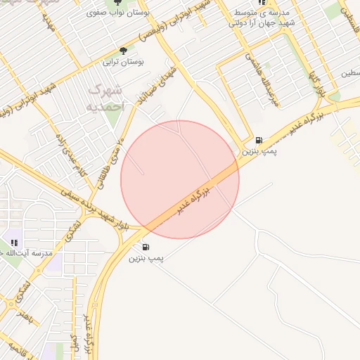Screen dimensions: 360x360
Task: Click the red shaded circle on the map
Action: tap(180, 180)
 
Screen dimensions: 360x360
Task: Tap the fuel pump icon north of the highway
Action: tap(259, 140)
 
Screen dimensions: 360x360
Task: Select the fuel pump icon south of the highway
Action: tap(146, 246)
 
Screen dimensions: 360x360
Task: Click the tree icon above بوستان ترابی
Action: tap(124, 51)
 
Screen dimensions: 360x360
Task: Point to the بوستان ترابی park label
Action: tap(124, 62)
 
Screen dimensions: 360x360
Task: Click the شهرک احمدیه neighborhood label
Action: tap(106, 98)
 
